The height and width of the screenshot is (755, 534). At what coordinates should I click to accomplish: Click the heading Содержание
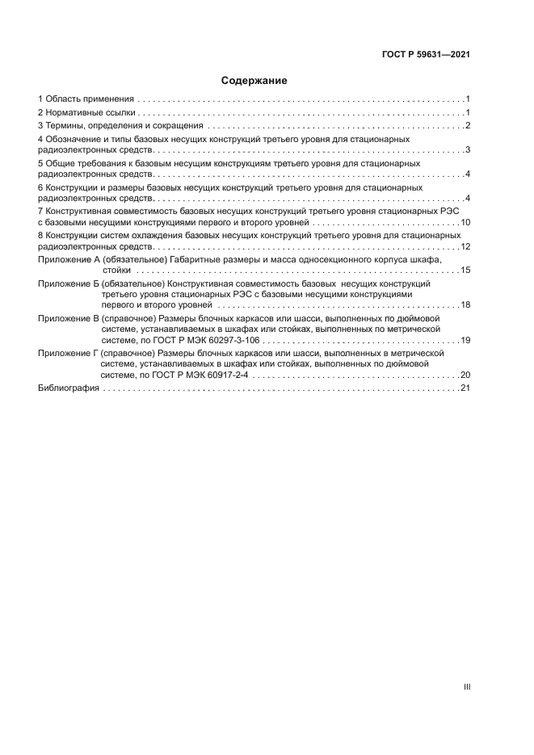254,81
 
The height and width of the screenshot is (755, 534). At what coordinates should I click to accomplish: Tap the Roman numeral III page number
466,686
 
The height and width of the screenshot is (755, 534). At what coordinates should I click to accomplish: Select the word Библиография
69,388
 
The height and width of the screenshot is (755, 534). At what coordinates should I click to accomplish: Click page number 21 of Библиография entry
465,388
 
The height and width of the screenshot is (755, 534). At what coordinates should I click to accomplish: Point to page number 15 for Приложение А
465,270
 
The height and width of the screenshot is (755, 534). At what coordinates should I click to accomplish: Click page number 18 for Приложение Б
465,305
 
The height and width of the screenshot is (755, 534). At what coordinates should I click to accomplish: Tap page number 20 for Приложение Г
465,375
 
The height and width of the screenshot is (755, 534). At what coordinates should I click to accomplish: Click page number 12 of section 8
465,246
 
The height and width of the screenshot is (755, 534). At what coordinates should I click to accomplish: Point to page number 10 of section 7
465,221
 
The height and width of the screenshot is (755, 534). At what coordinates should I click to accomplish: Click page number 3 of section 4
468,150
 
